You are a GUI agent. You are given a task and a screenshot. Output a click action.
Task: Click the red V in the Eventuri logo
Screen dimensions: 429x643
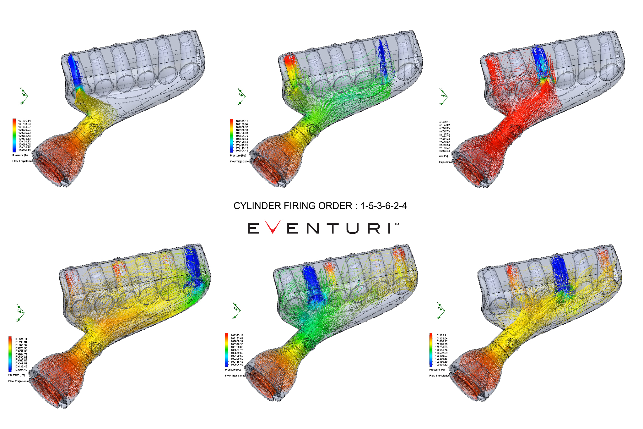273,227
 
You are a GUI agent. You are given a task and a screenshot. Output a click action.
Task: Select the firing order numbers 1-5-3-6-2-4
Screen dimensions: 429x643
383,206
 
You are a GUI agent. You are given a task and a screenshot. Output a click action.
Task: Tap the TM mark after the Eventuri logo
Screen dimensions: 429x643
397,224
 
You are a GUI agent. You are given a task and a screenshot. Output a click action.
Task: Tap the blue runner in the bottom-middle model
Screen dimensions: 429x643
313,283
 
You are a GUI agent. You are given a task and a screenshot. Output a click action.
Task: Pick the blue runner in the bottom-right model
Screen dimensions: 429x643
560,273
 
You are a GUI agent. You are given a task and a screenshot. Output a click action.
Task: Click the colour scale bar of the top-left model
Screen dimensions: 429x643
14,135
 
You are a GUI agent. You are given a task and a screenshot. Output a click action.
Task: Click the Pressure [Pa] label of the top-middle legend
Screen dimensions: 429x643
238,156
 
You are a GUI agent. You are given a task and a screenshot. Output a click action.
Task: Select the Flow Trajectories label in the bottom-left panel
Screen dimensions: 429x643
19,381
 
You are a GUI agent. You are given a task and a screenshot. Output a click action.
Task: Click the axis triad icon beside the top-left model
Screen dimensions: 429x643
24,96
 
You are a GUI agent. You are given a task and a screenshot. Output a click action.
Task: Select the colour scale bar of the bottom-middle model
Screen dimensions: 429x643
227,349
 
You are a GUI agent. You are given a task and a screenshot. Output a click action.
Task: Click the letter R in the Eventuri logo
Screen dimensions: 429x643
374,228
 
